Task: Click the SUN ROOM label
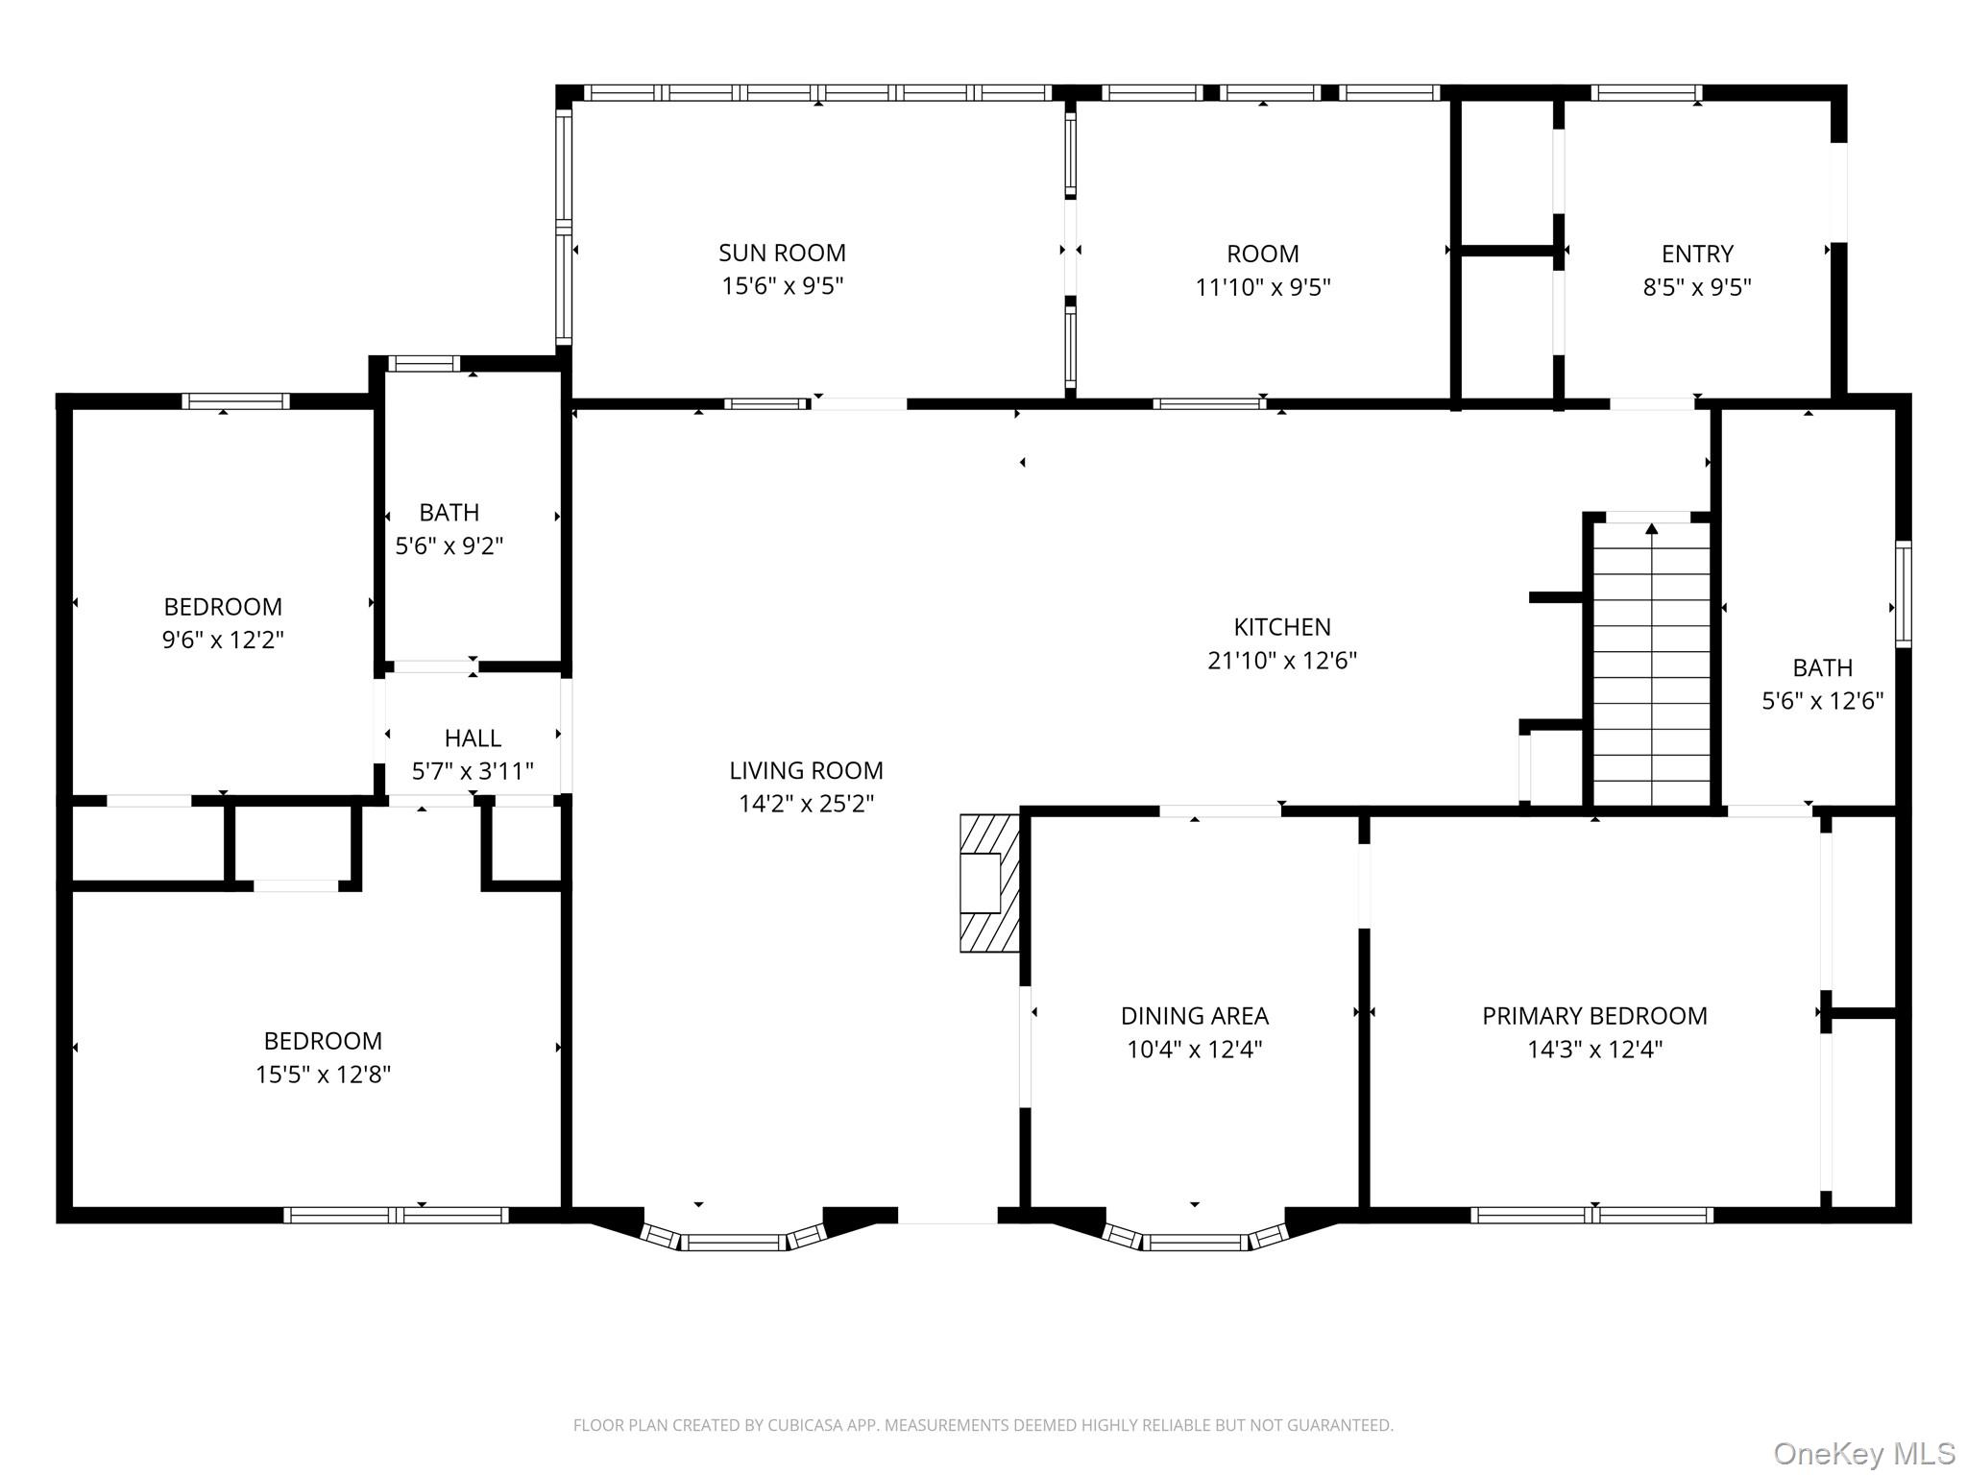(x=782, y=253)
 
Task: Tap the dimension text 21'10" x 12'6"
(x=1281, y=661)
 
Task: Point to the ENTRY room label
(x=1697, y=254)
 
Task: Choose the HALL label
(x=473, y=738)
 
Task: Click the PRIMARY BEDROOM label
(x=1594, y=1016)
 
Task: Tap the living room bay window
(x=734, y=1242)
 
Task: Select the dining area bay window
(x=1195, y=1242)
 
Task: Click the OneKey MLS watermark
(x=1863, y=1453)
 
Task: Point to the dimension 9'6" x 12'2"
(x=223, y=640)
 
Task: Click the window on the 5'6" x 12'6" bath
(x=1903, y=593)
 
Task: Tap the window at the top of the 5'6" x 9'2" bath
(x=424, y=364)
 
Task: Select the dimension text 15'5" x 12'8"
(x=323, y=1075)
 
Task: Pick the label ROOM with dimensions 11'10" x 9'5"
(x=1262, y=254)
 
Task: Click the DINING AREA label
(x=1194, y=1016)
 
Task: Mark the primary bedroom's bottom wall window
(x=1591, y=1215)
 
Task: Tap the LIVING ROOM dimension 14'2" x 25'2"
(x=806, y=804)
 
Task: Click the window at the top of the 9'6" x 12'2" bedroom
(x=235, y=401)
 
